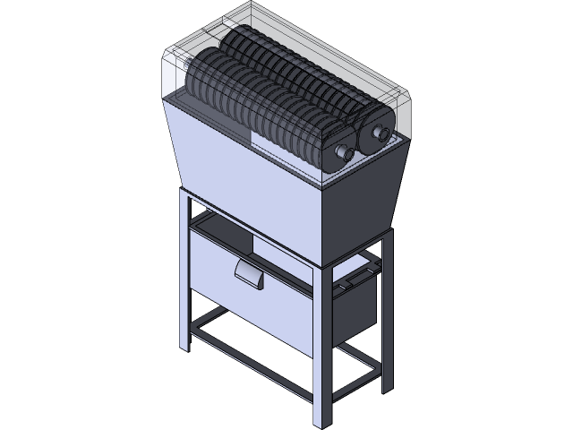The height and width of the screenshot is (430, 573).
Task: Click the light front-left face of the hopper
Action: (242, 170)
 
